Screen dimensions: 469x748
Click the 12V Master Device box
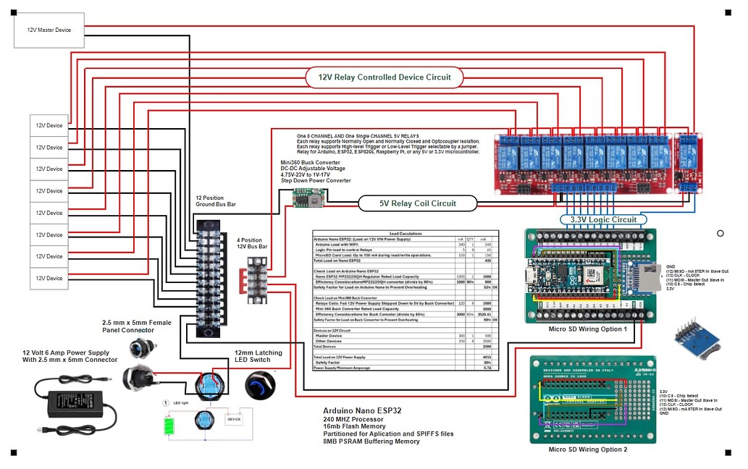pos(49,30)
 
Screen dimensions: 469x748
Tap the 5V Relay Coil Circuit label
pos(418,203)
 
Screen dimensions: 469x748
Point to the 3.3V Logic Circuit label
pos(603,219)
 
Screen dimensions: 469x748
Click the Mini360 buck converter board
pos(308,195)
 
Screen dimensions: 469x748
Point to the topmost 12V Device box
pos(49,125)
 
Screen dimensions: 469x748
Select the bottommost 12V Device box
pos(49,279)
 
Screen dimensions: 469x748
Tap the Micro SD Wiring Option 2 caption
pos(587,449)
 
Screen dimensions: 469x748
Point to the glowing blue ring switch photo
pos(260,384)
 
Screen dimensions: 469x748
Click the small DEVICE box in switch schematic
pos(234,418)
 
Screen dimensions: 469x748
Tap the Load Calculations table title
pos(404,234)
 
